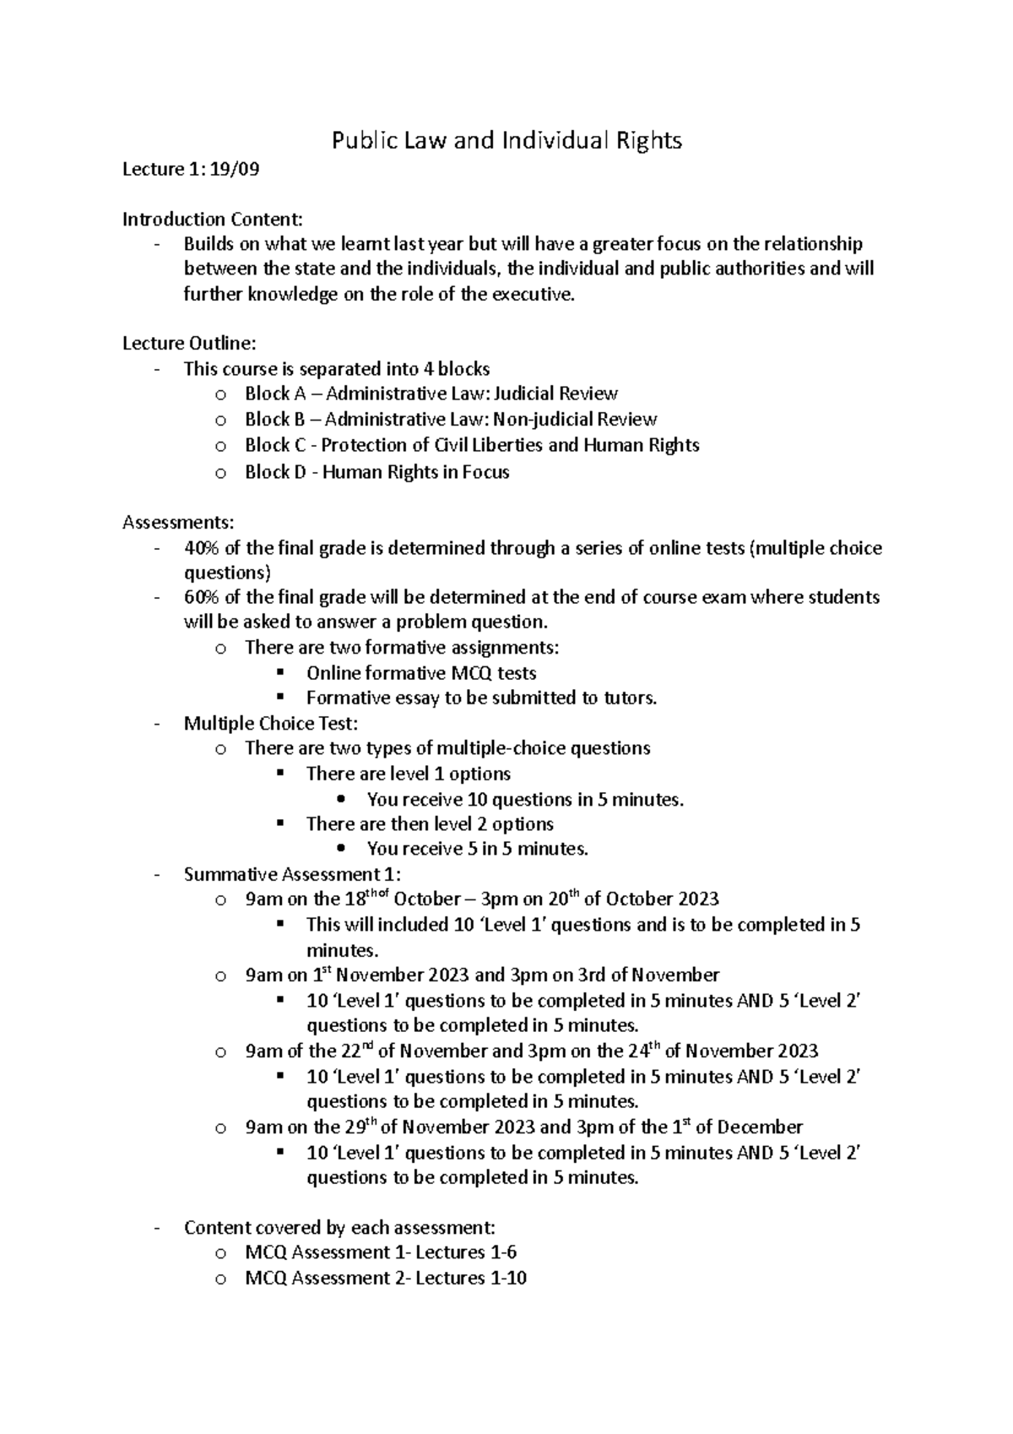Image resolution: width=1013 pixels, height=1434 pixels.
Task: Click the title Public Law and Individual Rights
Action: [x=506, y=140]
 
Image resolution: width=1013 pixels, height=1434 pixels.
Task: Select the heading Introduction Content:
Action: [x=212, y=220]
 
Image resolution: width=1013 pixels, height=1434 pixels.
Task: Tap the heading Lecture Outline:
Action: [x=188, y=343]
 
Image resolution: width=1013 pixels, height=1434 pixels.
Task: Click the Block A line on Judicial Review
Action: [x=431, y=394]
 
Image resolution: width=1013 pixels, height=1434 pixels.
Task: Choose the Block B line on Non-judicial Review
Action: [x=450, y=419]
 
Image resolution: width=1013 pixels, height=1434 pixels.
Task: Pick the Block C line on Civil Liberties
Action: [x=471, y=445]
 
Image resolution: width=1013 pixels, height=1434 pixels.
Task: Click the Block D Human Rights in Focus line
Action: [x=376, y=472]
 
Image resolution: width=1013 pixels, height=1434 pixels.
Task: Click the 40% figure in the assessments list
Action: [x=201, y=548]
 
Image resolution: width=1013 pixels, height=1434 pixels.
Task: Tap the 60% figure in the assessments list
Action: [x=201, y=597]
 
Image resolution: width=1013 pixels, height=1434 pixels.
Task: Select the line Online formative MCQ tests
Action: [x=420, y=673]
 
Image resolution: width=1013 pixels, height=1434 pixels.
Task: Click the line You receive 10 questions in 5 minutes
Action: [x=524, y=799]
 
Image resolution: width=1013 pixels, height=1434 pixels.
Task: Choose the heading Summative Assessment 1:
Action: [x=292, y=874]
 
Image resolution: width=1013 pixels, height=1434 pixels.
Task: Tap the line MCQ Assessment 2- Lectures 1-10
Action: [x=385, y=1278]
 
